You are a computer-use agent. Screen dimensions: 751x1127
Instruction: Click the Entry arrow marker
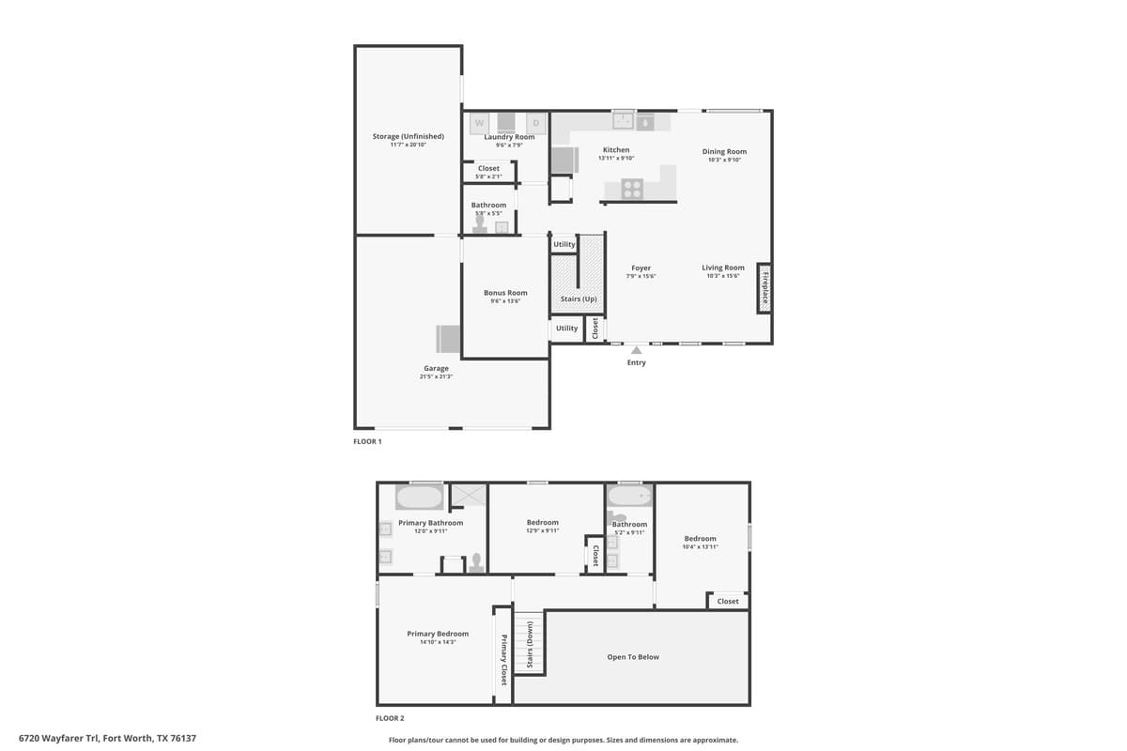click(637, 350)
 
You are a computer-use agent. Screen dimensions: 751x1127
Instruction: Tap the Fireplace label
click(764, 288)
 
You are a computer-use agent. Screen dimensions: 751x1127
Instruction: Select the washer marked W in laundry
click(479, 123)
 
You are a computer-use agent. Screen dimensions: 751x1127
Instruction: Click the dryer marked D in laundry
click(536, 123)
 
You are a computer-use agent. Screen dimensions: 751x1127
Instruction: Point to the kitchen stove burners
click(633, 188)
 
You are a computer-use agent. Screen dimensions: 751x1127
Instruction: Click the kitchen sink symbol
click(624, 120)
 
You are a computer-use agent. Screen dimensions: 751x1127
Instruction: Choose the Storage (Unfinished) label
click(408, 136)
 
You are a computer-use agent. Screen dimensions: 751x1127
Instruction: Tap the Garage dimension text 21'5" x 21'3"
click(436, 376)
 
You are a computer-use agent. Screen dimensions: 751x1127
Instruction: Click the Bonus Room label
click(505, 293)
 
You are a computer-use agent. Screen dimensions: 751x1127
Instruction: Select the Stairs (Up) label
click(579, 299)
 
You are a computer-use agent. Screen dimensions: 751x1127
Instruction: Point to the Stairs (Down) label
click(530, 646)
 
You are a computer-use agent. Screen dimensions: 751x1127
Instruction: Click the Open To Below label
click(633, 657)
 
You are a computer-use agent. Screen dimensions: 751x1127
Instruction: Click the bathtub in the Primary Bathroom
click(419, 498)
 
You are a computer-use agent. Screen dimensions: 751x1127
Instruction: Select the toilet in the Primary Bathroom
click(477, 561)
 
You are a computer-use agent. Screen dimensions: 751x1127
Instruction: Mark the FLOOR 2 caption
click(390, 718)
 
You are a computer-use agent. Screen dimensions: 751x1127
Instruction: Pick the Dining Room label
click(724, 151)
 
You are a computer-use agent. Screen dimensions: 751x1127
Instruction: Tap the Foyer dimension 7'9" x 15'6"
click(641, 276)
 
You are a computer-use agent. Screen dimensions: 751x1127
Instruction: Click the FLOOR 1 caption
click(367, 441)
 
